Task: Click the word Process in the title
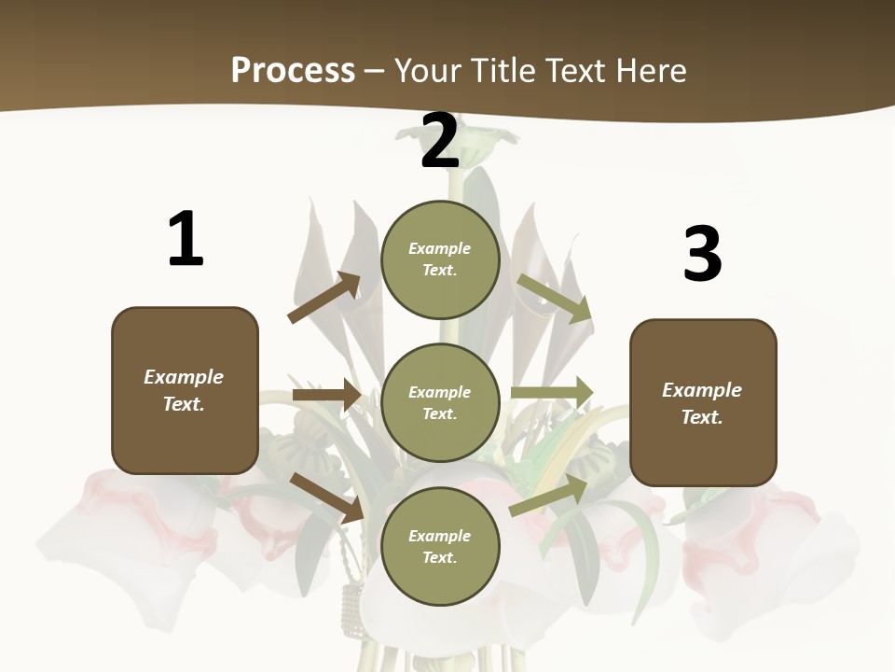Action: tap(293, 71)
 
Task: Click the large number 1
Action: tap(186, 240)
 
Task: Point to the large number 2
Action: tap(439, 141)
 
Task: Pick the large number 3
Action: tap(702, 255)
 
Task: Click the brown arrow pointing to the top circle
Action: tap(324, 298)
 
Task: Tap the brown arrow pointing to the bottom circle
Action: tap(326, 497)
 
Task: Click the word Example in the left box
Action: tap(184, 377)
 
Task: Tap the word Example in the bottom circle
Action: tap(439, 536)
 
